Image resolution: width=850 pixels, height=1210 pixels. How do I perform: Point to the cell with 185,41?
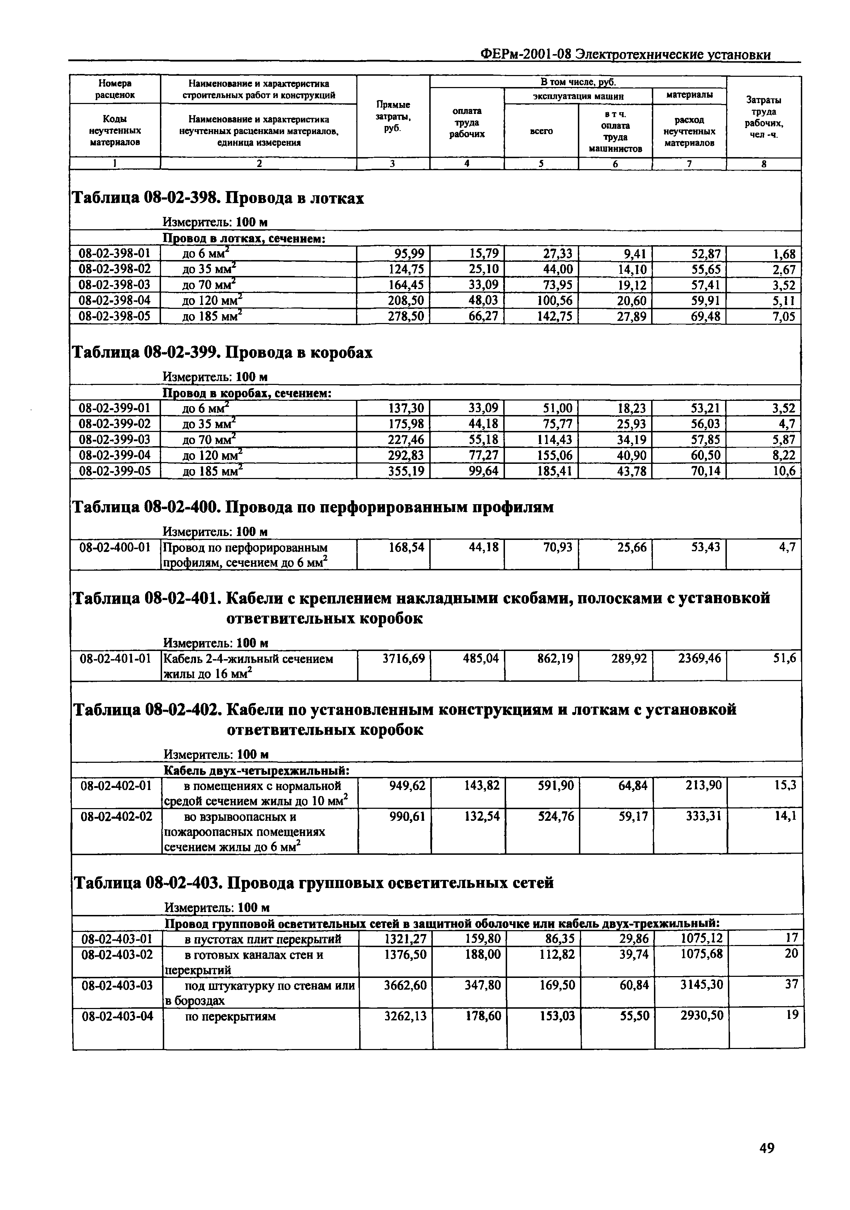coord(554,471)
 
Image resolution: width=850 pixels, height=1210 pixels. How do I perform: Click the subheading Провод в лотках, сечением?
coord(243,239)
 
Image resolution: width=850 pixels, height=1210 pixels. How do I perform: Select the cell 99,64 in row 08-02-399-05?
coord(483,471)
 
